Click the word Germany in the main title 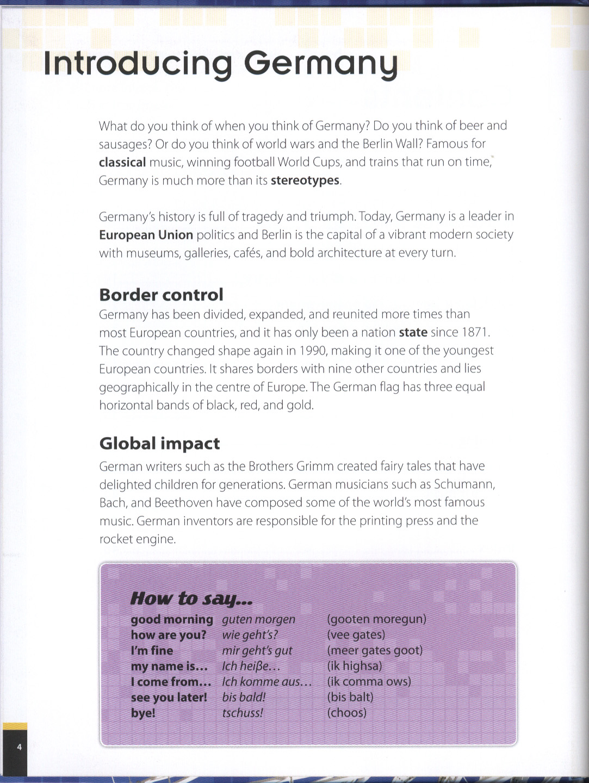coord(321,64)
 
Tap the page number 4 coord(20,747)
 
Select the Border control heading coord(161,295)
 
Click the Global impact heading coord(159,443)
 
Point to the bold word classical coord(122,162)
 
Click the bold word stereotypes coord(305,180)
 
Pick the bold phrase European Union coord(146,234)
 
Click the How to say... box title coord(191,598)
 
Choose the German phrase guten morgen coord(258,619)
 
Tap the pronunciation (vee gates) coord(356,635)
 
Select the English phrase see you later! coord(169,697)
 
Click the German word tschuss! coord(243,713)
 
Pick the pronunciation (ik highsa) coord(355,666)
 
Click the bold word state coord(413,332)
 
